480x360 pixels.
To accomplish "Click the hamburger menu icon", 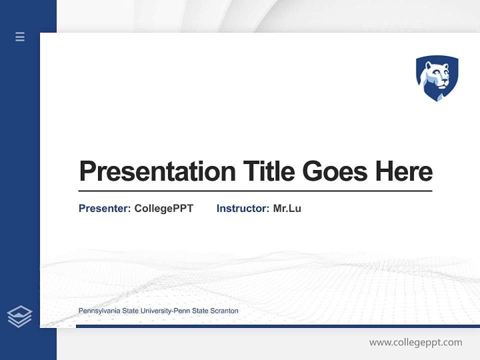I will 20,36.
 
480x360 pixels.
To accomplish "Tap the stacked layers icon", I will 19,316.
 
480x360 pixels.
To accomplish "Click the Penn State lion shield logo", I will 437,78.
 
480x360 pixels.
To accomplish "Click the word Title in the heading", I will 269,171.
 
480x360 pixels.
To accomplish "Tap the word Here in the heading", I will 404,171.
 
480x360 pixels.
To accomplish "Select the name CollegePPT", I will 163,208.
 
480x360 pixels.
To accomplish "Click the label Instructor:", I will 243,208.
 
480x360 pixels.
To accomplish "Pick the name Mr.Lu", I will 287,208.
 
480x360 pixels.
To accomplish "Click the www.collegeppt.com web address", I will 415,342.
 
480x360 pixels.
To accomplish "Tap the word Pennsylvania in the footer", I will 99,311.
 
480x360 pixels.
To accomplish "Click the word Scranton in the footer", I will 224,311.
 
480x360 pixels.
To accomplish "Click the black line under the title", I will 255,190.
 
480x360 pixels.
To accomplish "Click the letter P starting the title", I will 87,171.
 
